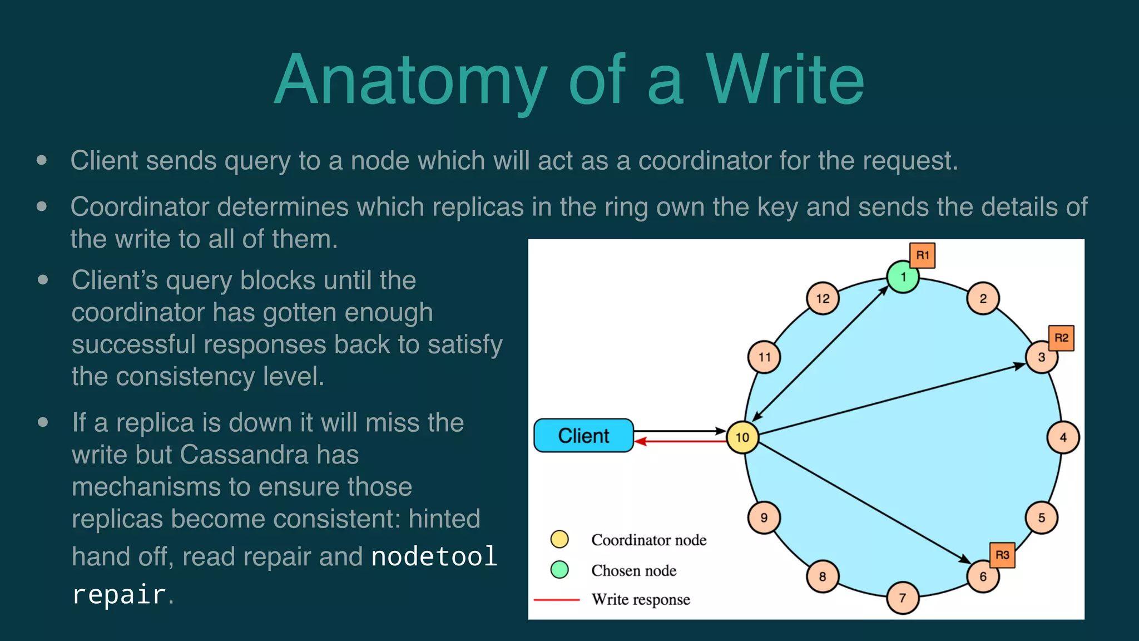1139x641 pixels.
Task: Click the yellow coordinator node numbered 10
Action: point(742,437)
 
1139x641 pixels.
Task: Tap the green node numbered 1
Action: point(903,277)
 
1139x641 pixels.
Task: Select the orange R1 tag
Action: point(923,255)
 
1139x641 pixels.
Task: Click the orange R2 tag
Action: point(1061,338)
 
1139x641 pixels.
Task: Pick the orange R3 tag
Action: point(1002,555)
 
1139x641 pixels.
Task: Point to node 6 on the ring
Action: point(983,576)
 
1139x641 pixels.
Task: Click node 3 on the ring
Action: point(1042,357)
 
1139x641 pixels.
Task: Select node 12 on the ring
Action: point(823,299)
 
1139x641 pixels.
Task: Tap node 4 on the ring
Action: point(1063,437)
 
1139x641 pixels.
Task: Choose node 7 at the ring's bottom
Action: point(903,598)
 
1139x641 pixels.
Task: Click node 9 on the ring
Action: point(764,517)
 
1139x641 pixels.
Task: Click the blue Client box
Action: point(583,436)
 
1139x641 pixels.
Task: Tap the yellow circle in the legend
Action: point(559,539)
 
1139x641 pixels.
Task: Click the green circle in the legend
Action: point(559,570)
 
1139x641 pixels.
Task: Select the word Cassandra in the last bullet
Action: point(269,455)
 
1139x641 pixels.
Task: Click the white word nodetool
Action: point(434,556)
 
